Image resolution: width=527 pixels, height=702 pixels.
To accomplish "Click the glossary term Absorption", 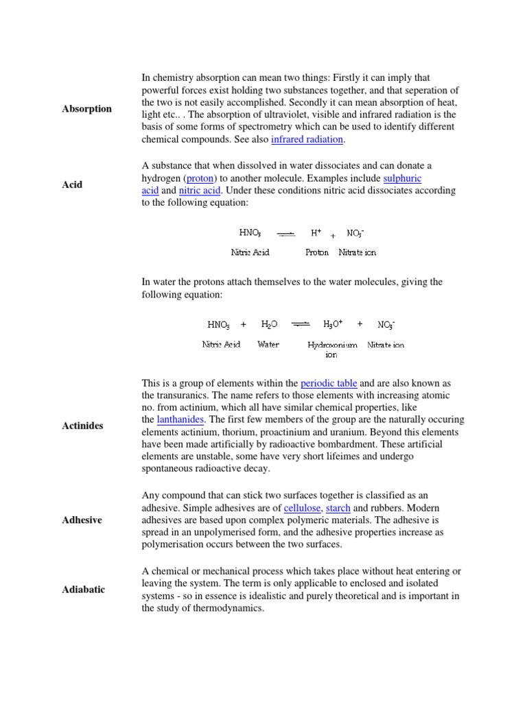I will (86, 109).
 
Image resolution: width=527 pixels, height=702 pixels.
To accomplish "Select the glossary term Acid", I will (72, 184).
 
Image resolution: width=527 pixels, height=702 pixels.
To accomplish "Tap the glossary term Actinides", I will (82, 426).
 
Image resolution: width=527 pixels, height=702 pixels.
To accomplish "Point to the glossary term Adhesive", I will (82, 520).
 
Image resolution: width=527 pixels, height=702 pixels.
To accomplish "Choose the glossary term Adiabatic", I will (83, 590).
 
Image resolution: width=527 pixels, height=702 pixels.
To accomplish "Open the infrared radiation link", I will (307, 139).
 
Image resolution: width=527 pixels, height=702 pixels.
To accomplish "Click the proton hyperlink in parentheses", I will (200, 178).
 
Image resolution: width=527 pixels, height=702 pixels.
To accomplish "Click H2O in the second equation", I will (269, 324).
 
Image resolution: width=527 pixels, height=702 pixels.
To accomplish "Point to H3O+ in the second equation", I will (332, 324).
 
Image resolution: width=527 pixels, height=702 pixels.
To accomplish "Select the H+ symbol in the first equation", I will (316, 233).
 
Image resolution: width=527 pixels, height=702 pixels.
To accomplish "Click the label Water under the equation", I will (268, 345).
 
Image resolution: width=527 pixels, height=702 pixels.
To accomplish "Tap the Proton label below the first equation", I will (316, 252).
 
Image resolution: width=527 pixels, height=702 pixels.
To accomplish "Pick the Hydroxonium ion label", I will (332, 350).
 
